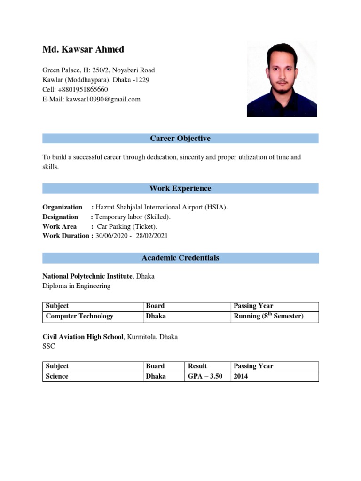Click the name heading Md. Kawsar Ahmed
click(x=83, y=49)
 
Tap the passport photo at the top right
click(x=282, y=78)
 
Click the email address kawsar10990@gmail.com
click(x=103, y=100)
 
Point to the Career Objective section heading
click(x=180, y=139)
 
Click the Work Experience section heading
click(x=180, y=188)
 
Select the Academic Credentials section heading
click(x=180, y=258)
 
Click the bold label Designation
click(x=60, y=217)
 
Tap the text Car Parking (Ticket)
click(x=127, y=226)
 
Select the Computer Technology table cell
click(x=79, y=316)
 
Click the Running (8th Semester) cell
click(x=268, y=316)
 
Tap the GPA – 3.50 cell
click(x=205, y=376)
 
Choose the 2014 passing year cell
click(x=241, y=376)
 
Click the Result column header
click(x=197, y=366)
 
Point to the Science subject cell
click(x=57, y=376)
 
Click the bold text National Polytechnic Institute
click(x=87, y=276)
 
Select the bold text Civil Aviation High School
click(x=83, y=337)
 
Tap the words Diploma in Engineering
click(x=76, y=286)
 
